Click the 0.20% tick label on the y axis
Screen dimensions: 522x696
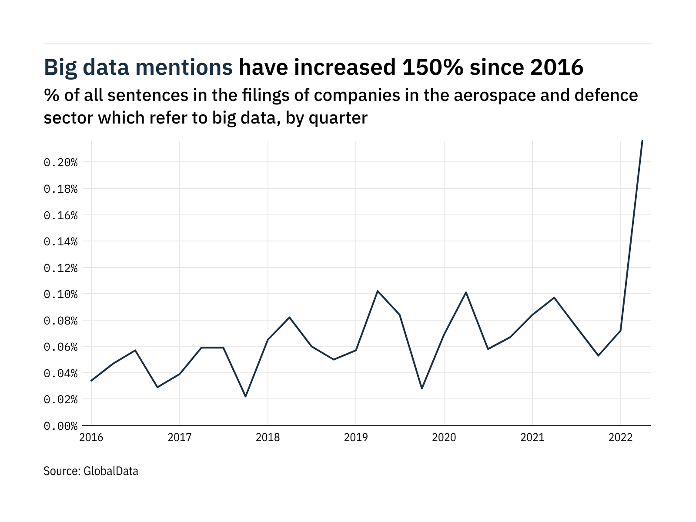pyautogui.click(x=60, y=163)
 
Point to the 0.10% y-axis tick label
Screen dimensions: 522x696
pyautogui.click(x=60, y=294)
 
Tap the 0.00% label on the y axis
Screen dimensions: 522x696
pyautogui.click(x=60, y=426)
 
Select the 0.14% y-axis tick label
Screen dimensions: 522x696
pyautogui.click(x=60, y=241)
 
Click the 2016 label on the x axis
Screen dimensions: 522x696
pyautogui.click(x=91, y=438)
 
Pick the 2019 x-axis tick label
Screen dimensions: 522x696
pyautogui.click(x=356, y=438)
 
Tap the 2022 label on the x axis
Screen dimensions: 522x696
pyautogui.click(x=620, y=438)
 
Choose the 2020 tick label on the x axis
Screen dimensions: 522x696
pyautogui.click(x=444, y=438)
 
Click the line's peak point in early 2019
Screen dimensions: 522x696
pyautogui.click(x=378, y=291)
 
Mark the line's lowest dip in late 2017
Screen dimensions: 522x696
pyautogui.click(x=245, y=396)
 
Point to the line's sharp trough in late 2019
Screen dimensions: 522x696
pyautogui.click(x=422, y=388)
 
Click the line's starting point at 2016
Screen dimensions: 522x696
pyautogui.click(x=91, y=381)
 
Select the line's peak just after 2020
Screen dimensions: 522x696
pyautogui.click(x=466, y=292)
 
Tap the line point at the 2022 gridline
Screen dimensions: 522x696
pyautogui.click(x=620, y=331)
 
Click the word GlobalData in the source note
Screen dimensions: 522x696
pyautogui.click(x=111, y=471)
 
